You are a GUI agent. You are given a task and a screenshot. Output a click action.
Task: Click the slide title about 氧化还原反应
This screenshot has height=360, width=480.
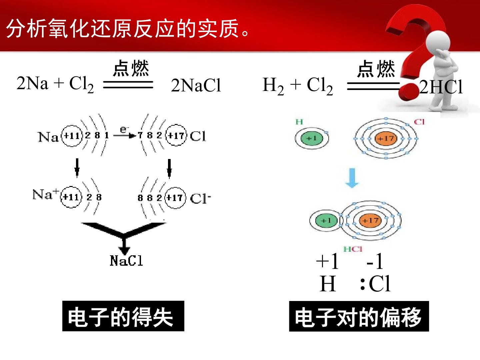click(x=127, y=28)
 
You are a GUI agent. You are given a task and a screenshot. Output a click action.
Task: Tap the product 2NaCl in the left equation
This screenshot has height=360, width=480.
click(x=196, y=85)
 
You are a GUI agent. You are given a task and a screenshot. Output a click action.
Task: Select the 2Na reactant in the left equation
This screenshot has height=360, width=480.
click(x=32, y=83)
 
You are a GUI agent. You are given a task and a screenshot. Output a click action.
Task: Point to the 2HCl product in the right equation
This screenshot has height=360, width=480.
click(x=441, y=87)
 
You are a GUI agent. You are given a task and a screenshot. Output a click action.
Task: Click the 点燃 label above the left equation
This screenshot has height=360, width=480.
click(x=131, y=68)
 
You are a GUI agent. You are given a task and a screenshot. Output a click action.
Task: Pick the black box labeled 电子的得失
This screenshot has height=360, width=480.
click(x=123, y=316)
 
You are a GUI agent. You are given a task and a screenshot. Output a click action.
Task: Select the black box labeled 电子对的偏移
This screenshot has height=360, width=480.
click(x=359, y=316)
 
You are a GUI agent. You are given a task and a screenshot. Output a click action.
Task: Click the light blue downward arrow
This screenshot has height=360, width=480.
click(x=352, y=178)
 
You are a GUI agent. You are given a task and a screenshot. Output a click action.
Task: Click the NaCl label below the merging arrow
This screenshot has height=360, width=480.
click(x=126, y=261)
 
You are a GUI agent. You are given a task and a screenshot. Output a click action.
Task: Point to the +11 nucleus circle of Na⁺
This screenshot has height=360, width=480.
click(x=71, y=197)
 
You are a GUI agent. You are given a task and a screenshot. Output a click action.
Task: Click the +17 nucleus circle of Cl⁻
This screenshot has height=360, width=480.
click(x=175, y=198)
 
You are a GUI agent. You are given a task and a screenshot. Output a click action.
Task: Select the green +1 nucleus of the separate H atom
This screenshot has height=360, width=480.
click(x=312, y=138)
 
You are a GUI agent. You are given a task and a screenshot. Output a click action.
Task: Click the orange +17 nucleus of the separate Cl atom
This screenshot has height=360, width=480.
click(x=386, y=138)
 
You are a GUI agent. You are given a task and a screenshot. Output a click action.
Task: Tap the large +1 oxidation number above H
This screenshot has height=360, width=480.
click(x=327, y=261)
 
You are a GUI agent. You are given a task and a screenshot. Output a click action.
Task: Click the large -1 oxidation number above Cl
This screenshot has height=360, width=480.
click(x=375, y=261)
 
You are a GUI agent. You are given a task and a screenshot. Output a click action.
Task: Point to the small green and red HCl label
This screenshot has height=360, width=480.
click(x=353, y=249)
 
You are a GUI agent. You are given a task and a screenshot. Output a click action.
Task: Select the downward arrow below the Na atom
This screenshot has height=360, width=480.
click(x=77, y=168)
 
